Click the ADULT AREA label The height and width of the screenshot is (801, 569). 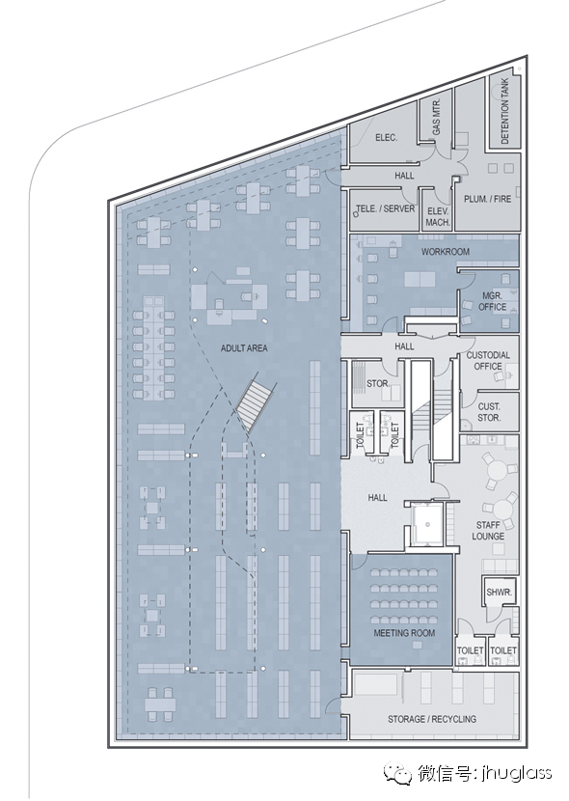pos(244,348)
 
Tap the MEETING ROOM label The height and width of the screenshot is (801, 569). pos(405,633)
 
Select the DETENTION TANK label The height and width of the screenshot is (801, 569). pos(505,111)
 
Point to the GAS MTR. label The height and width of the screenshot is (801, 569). pos(436,117)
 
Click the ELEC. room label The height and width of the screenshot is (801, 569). pos(387,137)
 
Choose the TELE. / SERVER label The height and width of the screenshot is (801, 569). pos(386,208)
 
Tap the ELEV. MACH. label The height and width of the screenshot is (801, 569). pos(438,216)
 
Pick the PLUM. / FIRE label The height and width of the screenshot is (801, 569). pos(487,199)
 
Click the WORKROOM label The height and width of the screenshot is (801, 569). pos(446,251)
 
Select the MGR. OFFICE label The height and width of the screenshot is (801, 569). pos(493,301)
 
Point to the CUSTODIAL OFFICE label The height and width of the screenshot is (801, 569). pos(488,361)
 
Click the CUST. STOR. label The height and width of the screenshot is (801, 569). pos(489,412)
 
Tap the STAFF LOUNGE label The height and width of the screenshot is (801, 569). pos(488,530)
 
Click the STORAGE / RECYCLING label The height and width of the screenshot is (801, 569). pos(432,719)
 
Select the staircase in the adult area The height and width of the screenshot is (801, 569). pos(256,405)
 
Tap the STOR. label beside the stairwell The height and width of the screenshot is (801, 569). pos(378,383)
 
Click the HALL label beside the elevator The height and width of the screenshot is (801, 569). pos(377,498)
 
